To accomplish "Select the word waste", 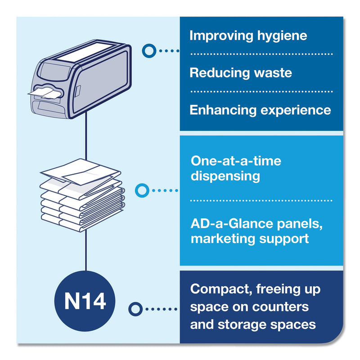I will tap(272, 72).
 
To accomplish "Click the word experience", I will tap(297, 110).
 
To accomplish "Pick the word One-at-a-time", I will tap(236, 161).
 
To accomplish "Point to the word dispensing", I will tap(225, 176).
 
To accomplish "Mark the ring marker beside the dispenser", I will tap(148, 50).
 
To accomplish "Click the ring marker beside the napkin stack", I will tap(142, 191).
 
